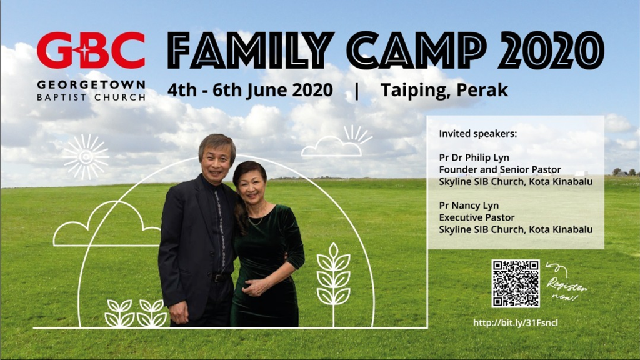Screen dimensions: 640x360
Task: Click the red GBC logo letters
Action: pos(91,50)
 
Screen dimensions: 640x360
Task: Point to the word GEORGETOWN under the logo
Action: pos(91,85)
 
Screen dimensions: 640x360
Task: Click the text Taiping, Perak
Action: pos(444,90)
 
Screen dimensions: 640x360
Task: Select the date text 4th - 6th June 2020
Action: pos(250,90)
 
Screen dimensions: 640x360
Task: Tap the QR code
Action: pos(516,283)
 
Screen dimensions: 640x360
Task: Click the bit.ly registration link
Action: pos(516,323)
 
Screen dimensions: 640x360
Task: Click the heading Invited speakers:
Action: pos(478,134)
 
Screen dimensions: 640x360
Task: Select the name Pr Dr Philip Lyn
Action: pos(474,157)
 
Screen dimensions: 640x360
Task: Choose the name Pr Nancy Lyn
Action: pos(469,206)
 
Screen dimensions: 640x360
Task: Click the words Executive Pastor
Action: pos(477,217)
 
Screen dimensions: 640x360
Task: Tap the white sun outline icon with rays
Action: pos(86,157)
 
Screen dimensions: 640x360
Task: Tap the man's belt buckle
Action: pos(217,278)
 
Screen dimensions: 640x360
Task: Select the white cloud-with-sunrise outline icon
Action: pos(337,142)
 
